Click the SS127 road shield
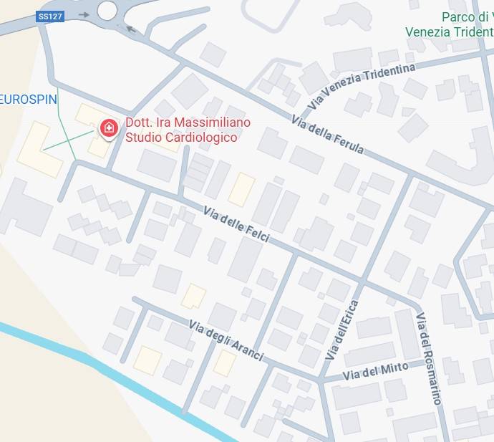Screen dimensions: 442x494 [49, 16]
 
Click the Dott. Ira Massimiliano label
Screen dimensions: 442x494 [188, 122]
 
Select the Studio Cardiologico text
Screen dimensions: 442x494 [181, 137]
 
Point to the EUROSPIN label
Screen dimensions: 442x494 [28, 100]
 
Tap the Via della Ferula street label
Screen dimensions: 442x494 [328, 134]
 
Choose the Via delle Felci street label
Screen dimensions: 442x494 [236, 224]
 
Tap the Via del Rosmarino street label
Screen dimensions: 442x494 [428, 359]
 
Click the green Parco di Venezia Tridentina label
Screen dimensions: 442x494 [450, 24]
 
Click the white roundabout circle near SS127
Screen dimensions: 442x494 [107, 10]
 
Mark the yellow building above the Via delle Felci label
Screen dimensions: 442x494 [241, 189]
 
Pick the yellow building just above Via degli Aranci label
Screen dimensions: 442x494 [193, 296]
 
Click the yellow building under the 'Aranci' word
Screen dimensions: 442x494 [224, 363]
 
